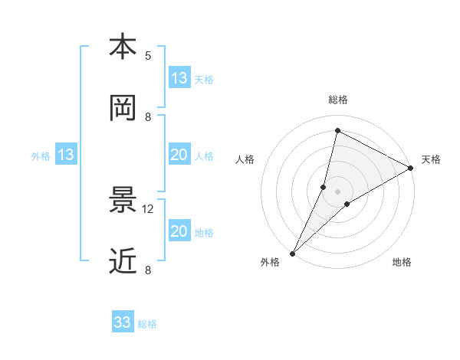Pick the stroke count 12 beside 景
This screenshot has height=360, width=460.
point(148,208)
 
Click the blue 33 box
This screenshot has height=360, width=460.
point(123,322)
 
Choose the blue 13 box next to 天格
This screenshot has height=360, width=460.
point(179,78)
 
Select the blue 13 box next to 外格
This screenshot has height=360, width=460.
point(66,155)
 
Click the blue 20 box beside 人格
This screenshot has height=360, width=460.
point(179,155)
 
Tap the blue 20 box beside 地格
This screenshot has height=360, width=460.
point(179,231)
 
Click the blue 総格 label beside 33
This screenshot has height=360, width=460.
point(147,324)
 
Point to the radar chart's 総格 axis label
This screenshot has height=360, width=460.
point(338,100)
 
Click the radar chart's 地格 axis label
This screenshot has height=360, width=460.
point(402,263)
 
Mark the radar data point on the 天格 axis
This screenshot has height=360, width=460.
point(411,168)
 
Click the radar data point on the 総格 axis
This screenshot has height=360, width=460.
point(337,130)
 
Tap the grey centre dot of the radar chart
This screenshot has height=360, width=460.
point(338,191)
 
